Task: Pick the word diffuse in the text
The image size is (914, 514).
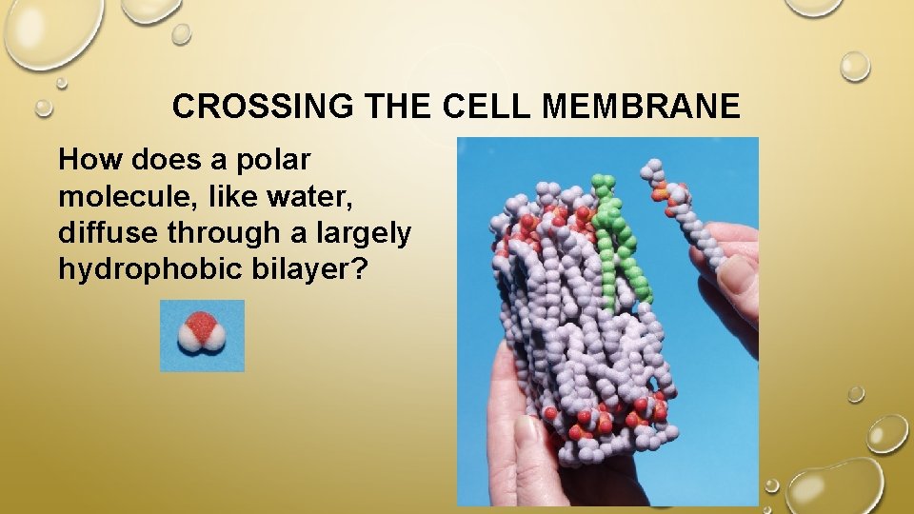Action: coord(102,232)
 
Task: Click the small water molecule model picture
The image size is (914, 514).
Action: coord(202,335)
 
